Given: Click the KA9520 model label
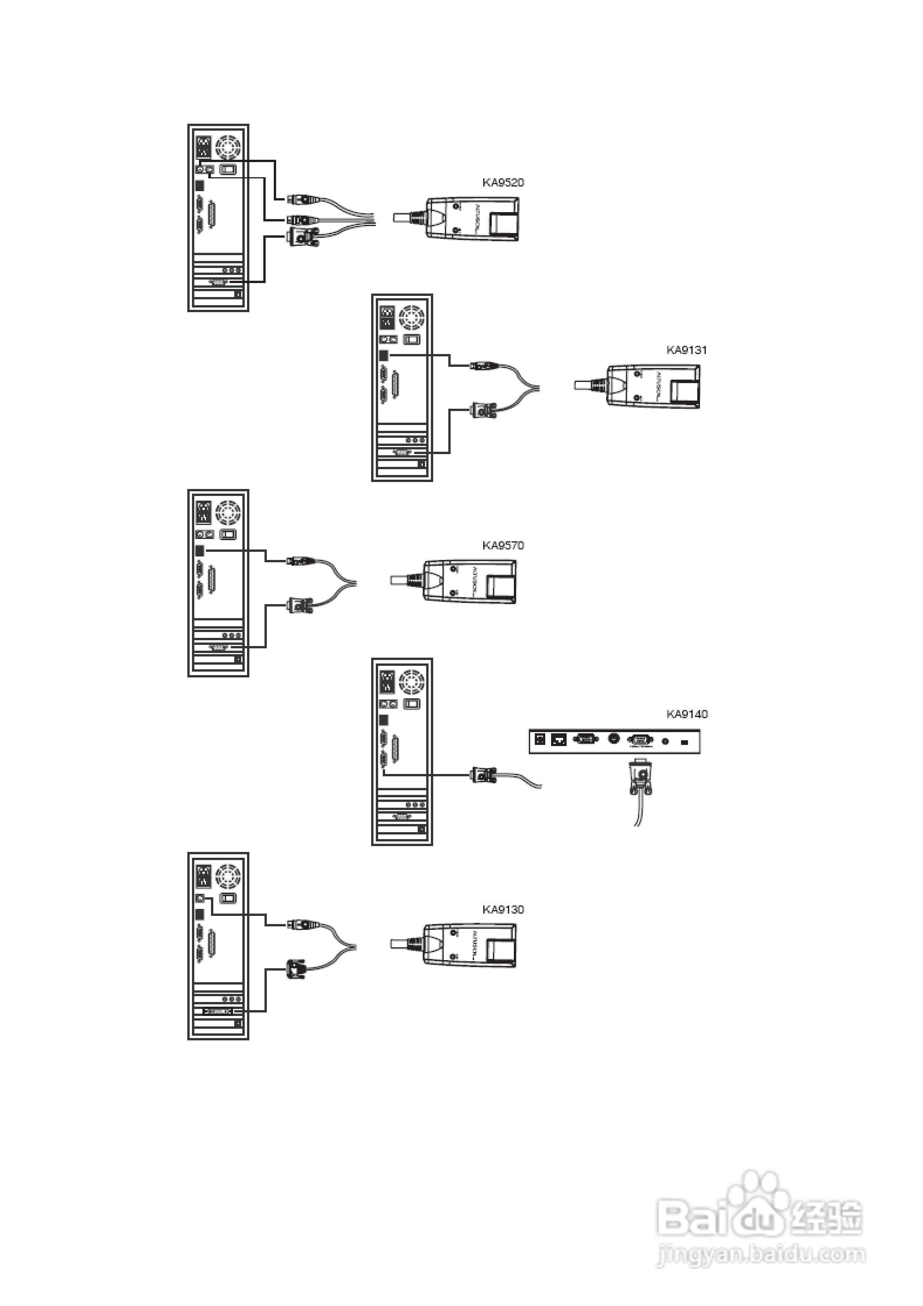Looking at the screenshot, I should (x=503, y=183).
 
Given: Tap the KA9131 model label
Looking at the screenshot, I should (x=686, y=350).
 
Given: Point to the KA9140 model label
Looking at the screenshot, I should (x=687, y=714).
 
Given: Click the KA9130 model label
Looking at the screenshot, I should (x=503, y=909).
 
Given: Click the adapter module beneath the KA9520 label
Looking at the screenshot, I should (x=472, y=219).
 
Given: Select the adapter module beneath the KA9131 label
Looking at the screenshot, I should (x=653, y=386).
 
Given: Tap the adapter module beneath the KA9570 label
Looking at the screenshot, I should (x=470, y=581).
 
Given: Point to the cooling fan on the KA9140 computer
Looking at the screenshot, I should (x=411, y=681).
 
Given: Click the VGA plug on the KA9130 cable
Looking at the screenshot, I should (x=297, y=969).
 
